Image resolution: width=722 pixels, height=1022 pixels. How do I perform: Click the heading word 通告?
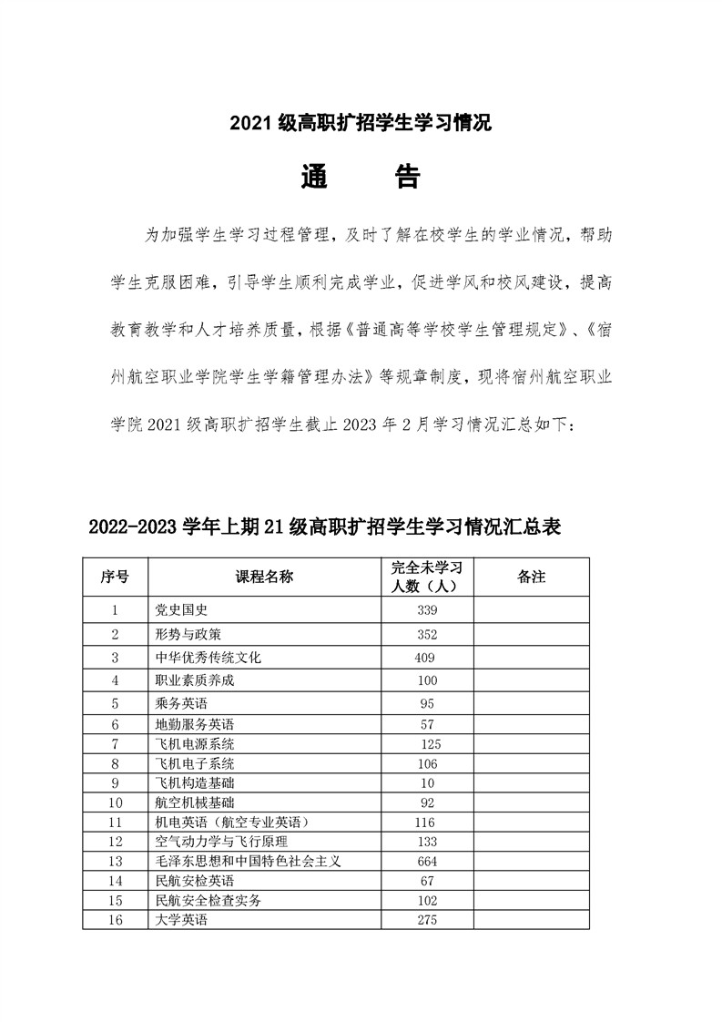point(360,177)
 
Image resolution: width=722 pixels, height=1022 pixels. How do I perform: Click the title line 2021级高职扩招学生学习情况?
point(361,124)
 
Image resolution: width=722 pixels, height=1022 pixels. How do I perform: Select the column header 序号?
point(115,577)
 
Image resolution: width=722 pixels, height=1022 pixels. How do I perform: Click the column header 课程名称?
point(264,577)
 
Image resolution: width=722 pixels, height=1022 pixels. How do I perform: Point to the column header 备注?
point(531,577)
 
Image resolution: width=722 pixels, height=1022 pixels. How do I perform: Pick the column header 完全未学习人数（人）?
point(427,577)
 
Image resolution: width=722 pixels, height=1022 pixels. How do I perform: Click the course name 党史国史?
point(182,609)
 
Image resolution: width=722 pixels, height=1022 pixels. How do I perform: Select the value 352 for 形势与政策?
point(427,634)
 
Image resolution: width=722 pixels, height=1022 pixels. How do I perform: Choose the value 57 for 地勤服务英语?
point(426,725)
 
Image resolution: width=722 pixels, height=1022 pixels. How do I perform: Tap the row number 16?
point(115,920)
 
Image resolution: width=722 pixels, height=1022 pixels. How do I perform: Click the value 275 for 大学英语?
point(426,920)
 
